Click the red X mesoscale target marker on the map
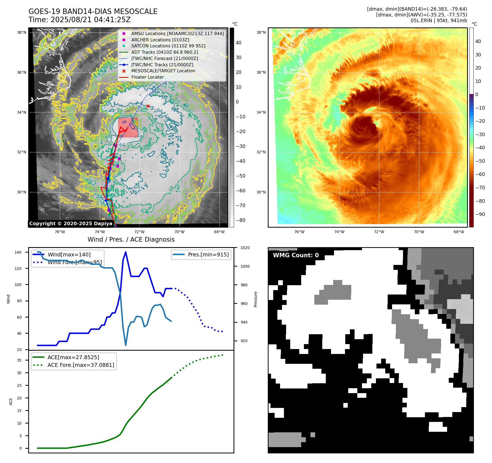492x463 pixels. pos(148,106)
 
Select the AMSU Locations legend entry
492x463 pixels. pos(177,33)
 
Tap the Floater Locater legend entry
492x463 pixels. pos(147,77)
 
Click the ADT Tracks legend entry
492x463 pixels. pos(164,52)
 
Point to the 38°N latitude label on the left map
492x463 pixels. pos(22,32)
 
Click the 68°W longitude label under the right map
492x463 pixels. pos(459,232)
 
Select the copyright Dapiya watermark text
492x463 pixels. pos(71,224)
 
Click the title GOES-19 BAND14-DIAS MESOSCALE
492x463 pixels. pos(93,12)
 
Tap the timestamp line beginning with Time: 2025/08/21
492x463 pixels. pos(79,20)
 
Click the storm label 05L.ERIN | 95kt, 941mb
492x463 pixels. pos(439,21)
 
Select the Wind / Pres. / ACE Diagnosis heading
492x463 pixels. pos(131,239)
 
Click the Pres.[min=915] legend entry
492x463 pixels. pos(208,255)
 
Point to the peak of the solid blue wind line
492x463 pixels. pos(126,252)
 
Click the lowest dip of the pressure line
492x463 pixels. pos(126,345)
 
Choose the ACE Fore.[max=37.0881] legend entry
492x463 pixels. pos(81,365)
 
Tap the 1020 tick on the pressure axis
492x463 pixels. pos(245,248)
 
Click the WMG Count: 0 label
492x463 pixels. pos(296,255)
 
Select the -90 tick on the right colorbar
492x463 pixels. pos(480,214)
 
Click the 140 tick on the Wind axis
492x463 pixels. pos(18,252)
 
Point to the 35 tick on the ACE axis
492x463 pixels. pos(19,360)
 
